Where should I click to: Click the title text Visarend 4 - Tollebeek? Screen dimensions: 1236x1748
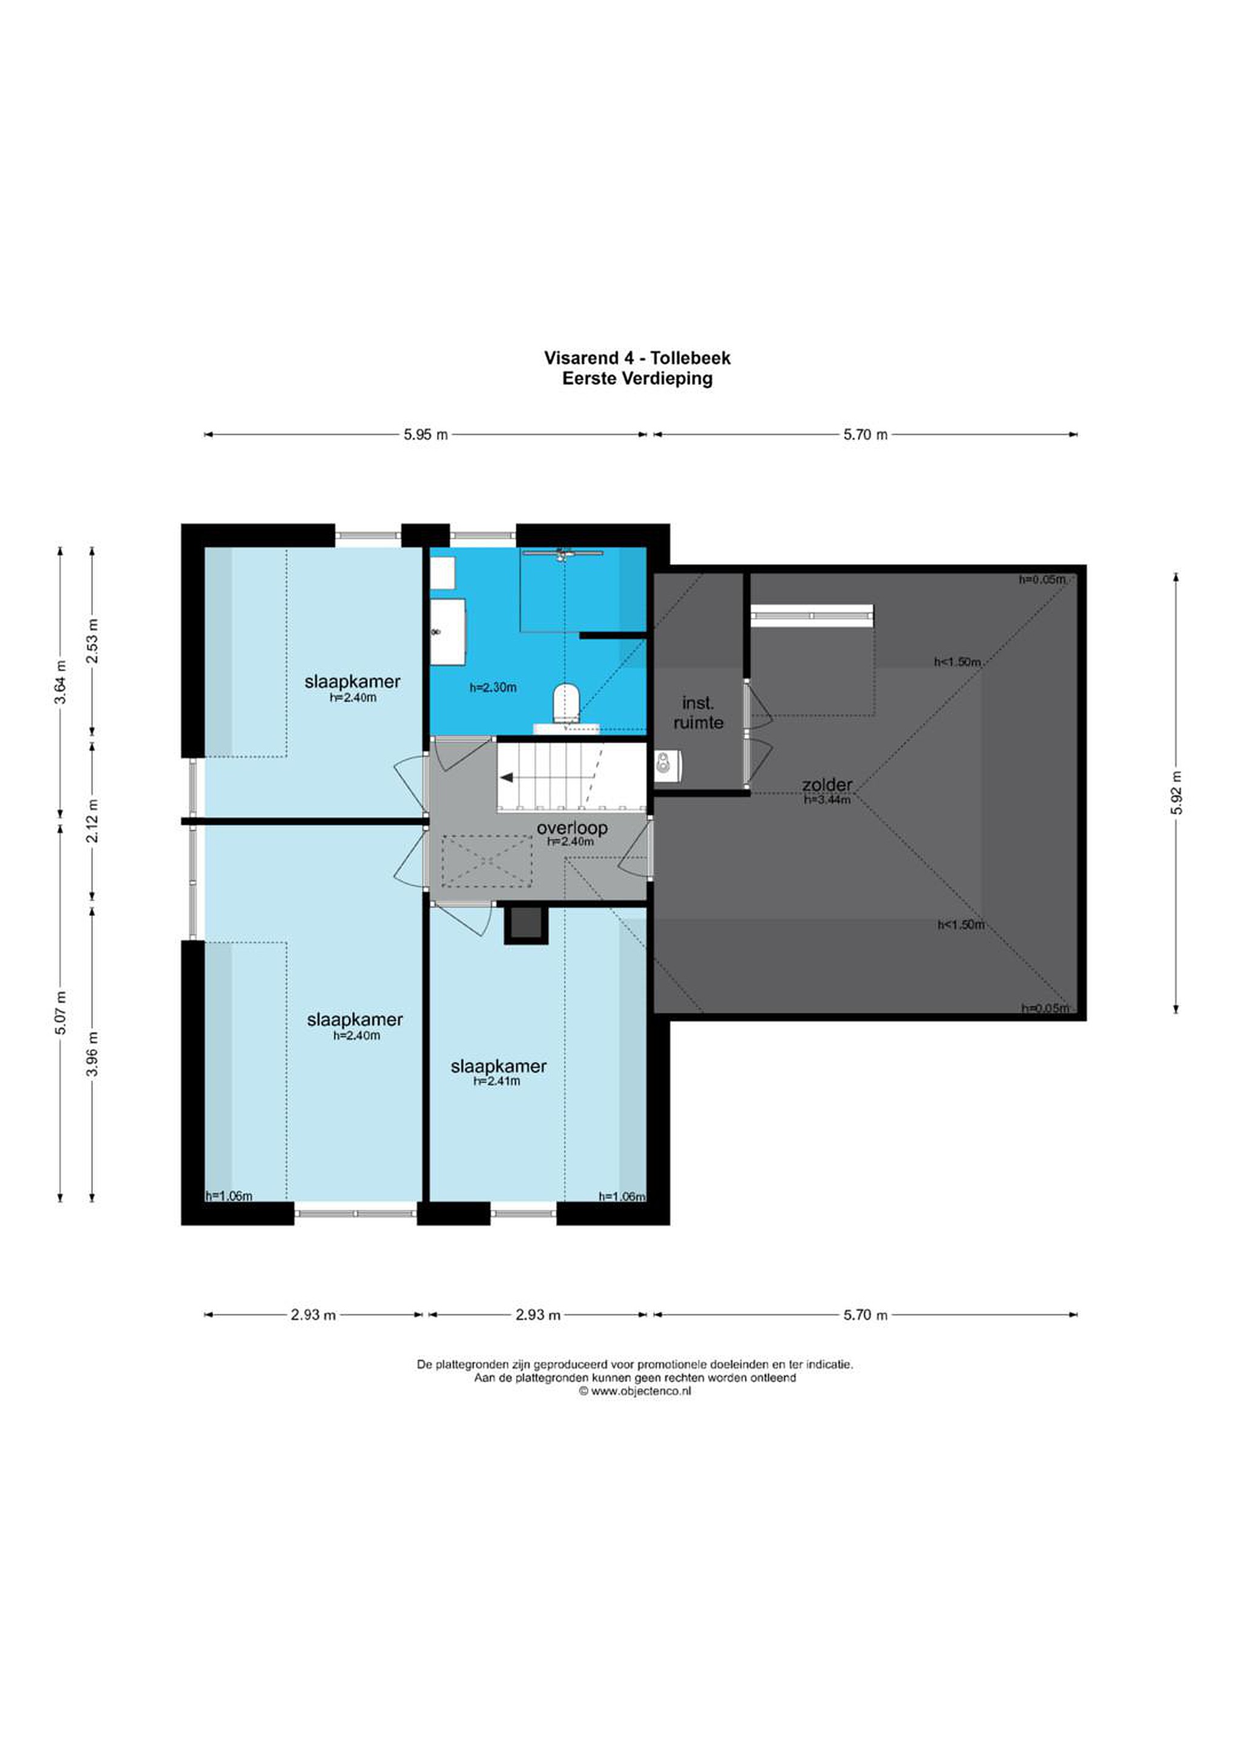click(x=637, y=358)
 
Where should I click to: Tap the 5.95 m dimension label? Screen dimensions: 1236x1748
click(x=426, y=435)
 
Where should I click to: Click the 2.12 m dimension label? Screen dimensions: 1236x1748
click(x=92, y=821)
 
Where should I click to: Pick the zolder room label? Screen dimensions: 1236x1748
click(x=826, y=784)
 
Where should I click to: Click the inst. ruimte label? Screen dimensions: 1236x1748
click(x=698, y=713)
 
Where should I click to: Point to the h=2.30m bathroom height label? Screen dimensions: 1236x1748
click(x=493, y=688)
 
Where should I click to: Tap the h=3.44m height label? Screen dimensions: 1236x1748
click(x=827, y=799)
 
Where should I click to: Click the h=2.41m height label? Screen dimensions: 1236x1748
click(x=497, y=1080)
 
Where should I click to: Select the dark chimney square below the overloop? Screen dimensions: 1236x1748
click(x=526, y=924)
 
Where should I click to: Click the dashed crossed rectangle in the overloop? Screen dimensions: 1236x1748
click(x=487, y=861)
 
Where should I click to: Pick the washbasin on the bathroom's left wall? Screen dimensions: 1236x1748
click(x=448, y=631)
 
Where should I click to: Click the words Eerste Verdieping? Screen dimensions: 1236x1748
click(x=637, y=378)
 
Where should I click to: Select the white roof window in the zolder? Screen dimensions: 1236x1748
click(x=812, y=615)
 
